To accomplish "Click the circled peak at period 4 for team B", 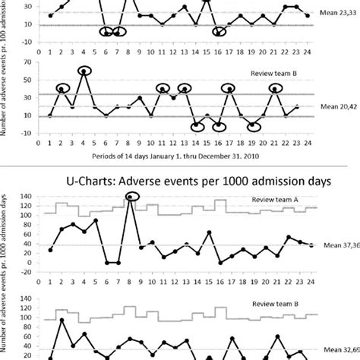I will (x=84, y=71).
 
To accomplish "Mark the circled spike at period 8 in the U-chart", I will (x=131, y=197).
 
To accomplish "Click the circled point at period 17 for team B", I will (x=229, y=89).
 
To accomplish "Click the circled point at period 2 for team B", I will (x=62, y=89).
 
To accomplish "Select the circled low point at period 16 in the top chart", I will (x=219, y=33).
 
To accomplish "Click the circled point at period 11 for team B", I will (x=163, y=89).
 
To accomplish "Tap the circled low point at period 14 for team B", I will (x=197, y=125).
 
